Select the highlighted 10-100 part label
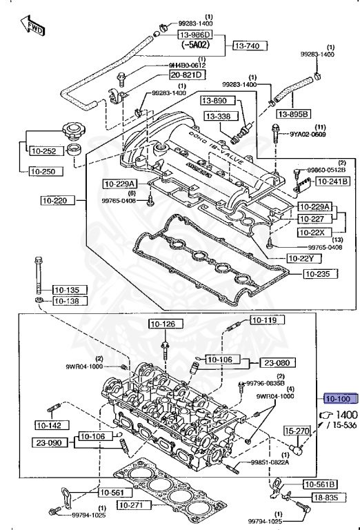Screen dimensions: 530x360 tap(338, 399)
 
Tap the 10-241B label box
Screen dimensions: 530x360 tap(332, 181)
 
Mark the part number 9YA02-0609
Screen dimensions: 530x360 tap(307, 135)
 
